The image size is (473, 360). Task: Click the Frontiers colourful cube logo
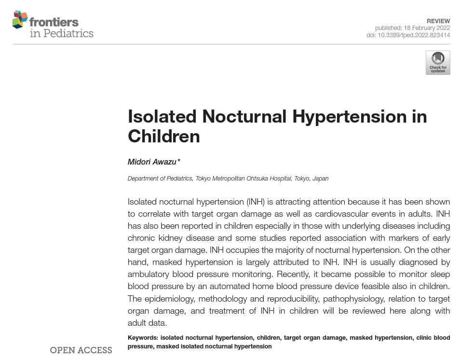pyautogui.click(x=20, y=19)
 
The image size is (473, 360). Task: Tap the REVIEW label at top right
pyautogui.click(x=438, y=21)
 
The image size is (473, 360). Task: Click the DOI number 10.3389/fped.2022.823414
pyautogui.click(x=414, y=35)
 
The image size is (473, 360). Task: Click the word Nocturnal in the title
pyautogui.click(x=244, y=116)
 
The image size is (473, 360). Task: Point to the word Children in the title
pyautogui.click(x=163, y=136)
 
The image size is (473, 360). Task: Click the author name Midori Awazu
pyautogui.click(x=152, y=162)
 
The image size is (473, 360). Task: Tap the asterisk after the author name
pyautogui.click(x=178, y=161)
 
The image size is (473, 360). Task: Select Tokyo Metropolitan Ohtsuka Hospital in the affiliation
pyautogui.click(x=243, y=179)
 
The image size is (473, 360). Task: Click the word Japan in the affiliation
pyautogui.click(x=320, y=179)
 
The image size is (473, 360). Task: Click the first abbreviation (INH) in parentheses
pyautogui.click(x=256, y=202)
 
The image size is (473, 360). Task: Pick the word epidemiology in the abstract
pyautogui.click(x=169, y=299)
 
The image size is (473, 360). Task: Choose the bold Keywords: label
pyautogui.click(x=143, y=338)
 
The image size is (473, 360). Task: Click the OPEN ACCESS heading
pyautogui.click(x=81, y=350)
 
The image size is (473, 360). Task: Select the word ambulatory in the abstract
pyautogui.click(x=150, y=274)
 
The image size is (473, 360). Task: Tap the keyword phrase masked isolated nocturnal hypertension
pyautogui.click(x=214, y=346)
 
